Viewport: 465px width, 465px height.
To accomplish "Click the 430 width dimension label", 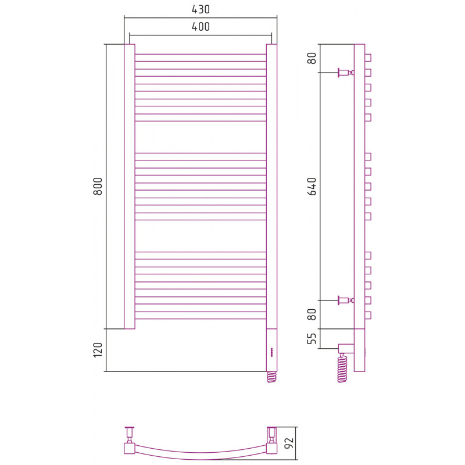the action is click(201, 9).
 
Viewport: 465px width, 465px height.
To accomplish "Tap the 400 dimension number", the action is click(201, 27).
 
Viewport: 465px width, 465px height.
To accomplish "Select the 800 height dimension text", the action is click(98, 186).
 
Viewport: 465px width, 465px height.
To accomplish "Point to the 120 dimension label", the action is click(98, 350).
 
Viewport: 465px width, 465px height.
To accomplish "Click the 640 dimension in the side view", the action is click(312, 186).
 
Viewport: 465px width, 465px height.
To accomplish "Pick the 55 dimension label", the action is click(312, 338).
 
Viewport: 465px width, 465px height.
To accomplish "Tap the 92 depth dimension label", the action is click(289, 443).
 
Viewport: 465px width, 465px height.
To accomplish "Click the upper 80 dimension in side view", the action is click(312, 58).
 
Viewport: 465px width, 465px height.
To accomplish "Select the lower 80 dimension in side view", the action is click(312, 314).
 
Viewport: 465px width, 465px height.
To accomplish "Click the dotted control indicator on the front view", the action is click(271, 352).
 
